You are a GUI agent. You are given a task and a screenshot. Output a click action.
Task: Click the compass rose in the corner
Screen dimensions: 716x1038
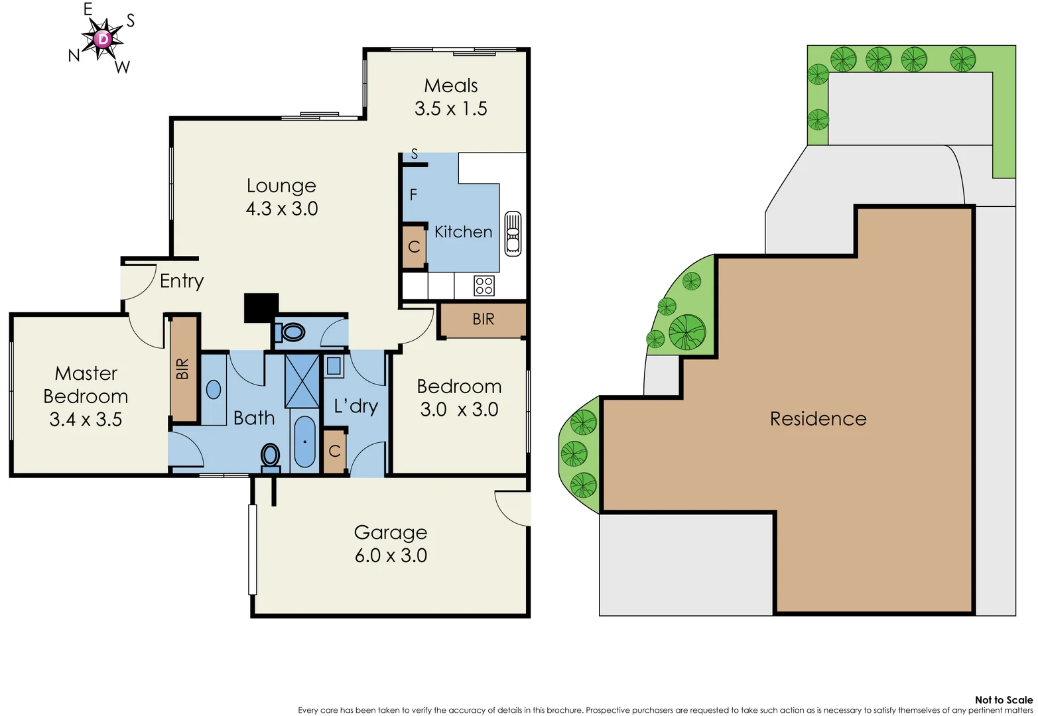point(103,38)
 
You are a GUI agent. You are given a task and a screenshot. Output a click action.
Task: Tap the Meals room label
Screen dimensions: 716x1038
point(451,86)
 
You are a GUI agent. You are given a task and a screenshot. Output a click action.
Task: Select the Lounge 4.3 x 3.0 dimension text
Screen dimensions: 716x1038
point(282,209)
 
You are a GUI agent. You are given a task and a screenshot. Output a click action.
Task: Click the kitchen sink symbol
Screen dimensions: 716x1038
point(513,233)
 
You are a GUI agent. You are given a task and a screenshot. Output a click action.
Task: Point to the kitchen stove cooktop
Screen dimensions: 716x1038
point(484,286)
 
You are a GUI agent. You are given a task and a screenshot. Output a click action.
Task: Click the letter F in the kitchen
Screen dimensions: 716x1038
point(413,195)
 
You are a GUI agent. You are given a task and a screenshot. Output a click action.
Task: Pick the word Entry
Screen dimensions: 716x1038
point(182,281)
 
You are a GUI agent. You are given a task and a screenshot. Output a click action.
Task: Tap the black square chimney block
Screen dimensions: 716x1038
point(261,308)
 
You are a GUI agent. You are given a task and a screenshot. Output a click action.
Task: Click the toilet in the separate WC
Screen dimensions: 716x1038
point(291,331)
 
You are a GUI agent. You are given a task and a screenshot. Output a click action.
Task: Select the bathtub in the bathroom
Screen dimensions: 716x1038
point(304,442)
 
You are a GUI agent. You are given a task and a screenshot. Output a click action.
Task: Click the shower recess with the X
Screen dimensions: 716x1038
point(302,381)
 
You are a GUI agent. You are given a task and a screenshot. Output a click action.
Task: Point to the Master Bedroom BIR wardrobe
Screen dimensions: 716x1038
point(184,369)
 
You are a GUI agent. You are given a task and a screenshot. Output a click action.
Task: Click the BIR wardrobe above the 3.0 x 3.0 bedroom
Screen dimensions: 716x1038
point(483,320)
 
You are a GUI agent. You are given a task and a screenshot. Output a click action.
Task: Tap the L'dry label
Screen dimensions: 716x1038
point(356,406)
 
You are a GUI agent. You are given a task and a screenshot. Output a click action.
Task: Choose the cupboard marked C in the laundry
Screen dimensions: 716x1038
point(335,451)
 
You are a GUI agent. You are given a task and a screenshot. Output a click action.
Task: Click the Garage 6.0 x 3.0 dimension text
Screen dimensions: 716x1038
point(391,556)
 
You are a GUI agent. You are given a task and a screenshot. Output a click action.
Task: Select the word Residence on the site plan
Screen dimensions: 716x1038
point(818,419)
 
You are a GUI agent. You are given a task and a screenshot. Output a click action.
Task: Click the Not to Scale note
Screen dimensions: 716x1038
point(1003,700)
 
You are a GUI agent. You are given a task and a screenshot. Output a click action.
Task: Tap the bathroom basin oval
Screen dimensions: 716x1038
point(214,389)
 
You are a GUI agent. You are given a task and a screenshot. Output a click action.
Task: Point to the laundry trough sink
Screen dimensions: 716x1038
point(334,366)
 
